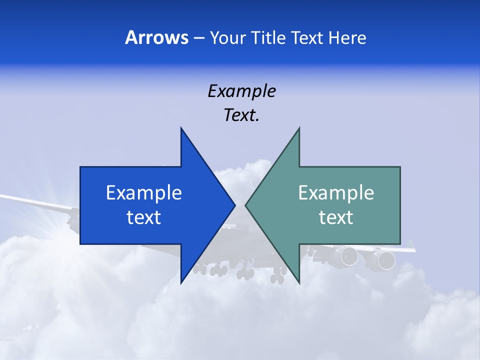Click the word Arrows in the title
tap(156, 37)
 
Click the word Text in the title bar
tap(307, 38)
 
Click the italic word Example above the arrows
tap(241, 91)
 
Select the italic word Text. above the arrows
tap(241, 115)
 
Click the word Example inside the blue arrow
tap(144, 192)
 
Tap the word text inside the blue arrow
tap(144, 217)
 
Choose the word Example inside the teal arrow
tap(336, 192)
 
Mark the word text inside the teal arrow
tap(336, 217)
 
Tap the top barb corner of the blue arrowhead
tap(181, 128)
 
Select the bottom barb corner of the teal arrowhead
tap(299, 283)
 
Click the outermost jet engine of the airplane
tap(385, 259)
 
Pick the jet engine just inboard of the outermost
tap(349, 256)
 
